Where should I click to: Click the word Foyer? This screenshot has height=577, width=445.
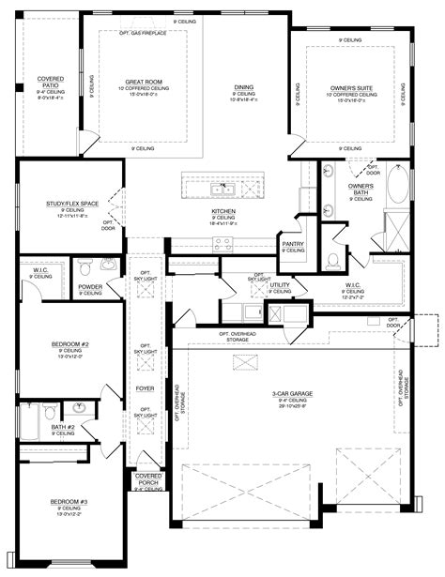[146, 387]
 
